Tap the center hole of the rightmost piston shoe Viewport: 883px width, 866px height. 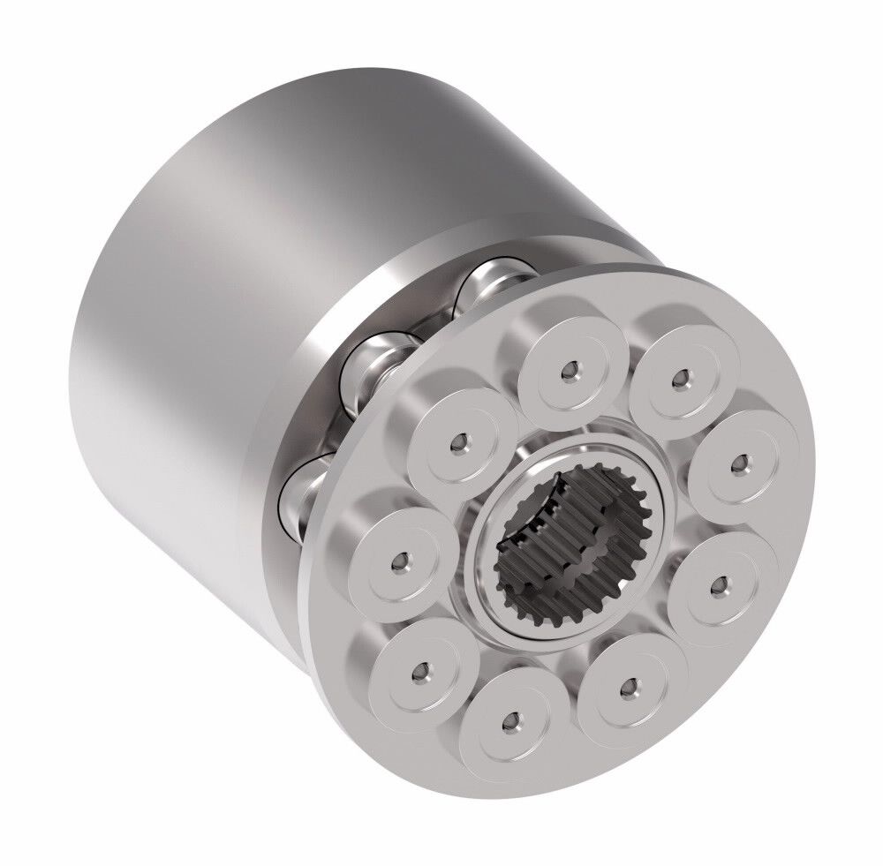740,462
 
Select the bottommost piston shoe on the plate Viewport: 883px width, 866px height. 509,724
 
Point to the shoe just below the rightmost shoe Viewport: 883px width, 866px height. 715,583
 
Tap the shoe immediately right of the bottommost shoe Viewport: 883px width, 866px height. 627,686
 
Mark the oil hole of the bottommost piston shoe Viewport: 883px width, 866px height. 509,724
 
